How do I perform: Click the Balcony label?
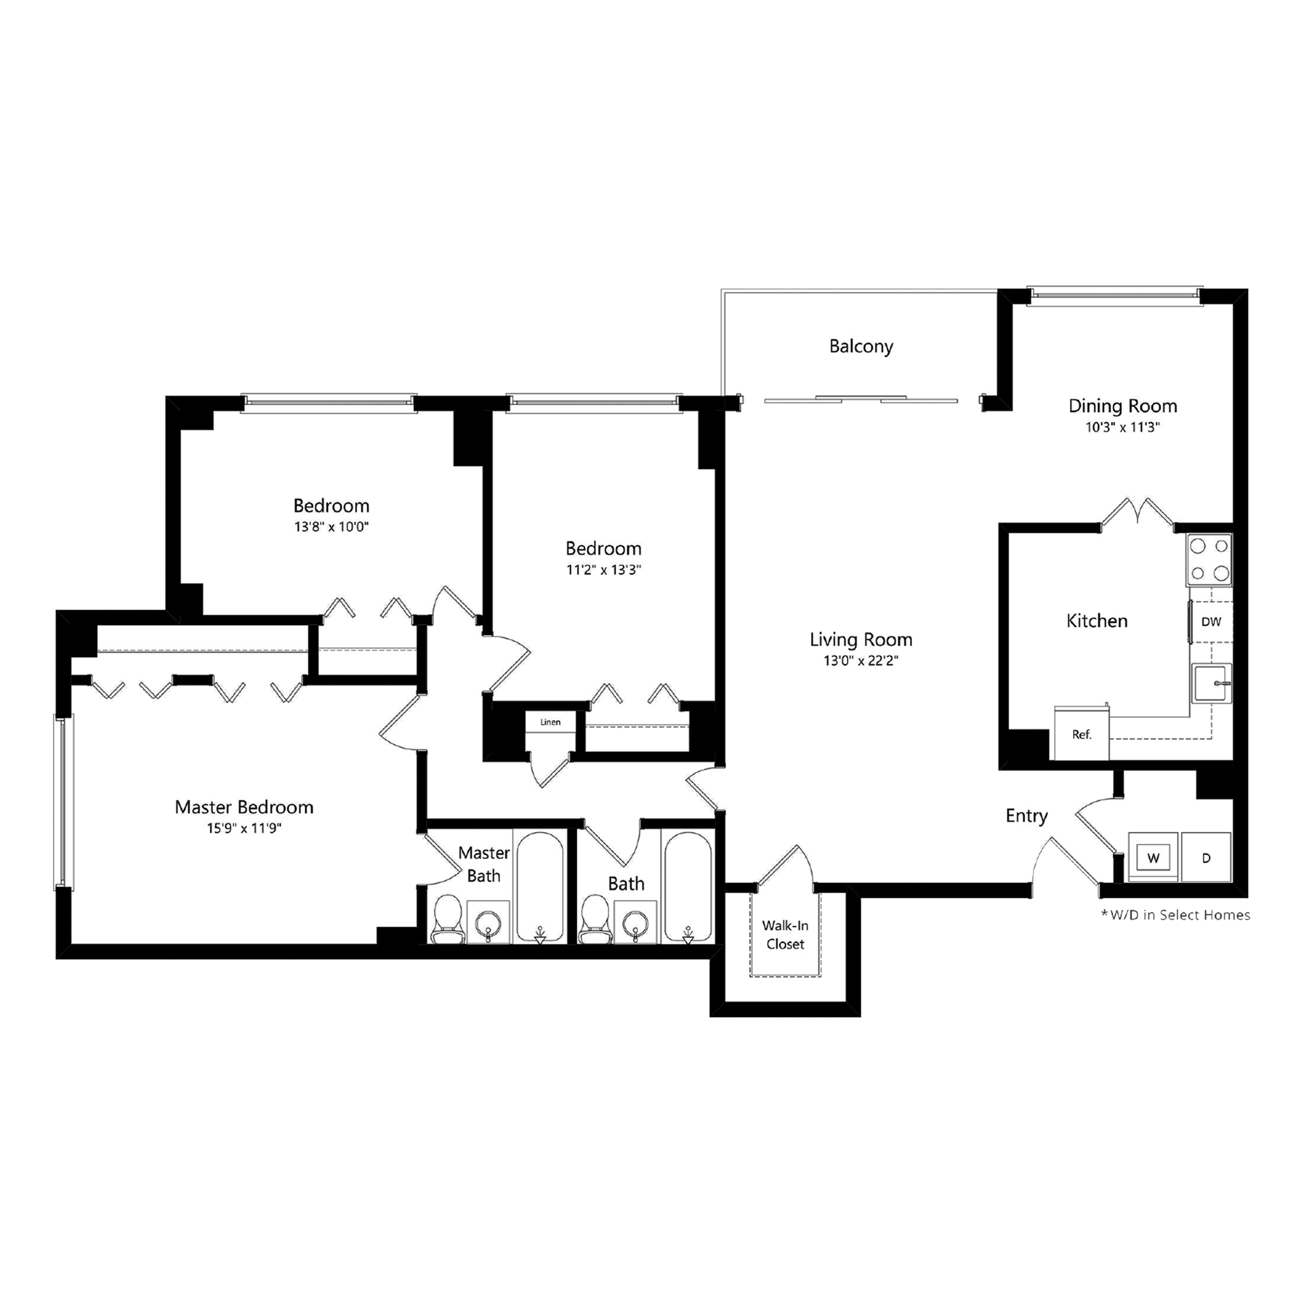click(861, 347)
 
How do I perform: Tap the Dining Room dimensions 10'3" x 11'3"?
click(1122, 428)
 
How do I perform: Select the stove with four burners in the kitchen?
click(1209, 560)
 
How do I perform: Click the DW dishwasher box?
click(1211, 621)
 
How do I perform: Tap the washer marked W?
click(1153, 858)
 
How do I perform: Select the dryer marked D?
click(1206, 858)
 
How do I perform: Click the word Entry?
click(1026, 816)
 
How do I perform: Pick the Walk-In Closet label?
click(785, 934)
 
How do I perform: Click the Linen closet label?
click(550, 722)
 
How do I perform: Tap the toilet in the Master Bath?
click(447, 920)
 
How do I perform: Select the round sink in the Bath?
click(635, 922)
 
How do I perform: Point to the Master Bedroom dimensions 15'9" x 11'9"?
click(244, 828)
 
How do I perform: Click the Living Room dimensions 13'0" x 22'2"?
click(861, 661)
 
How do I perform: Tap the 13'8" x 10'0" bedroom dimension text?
click(331, 527)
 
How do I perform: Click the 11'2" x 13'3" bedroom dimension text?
click(603, 570)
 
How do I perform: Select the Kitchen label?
click(1097, 621)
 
